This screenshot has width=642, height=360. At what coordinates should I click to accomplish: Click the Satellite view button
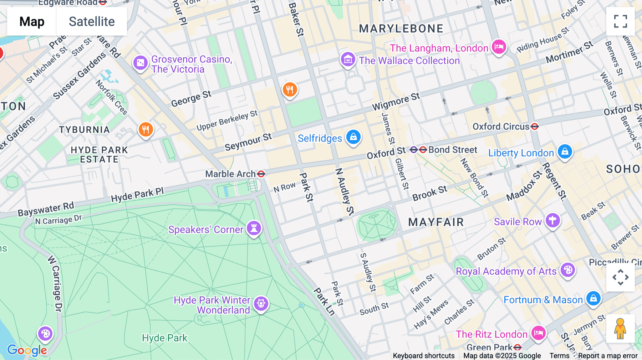tap(92, 21)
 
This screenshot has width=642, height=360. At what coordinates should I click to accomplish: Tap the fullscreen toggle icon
tap(620, 21)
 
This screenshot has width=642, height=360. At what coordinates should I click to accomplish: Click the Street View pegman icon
tap(620, 329)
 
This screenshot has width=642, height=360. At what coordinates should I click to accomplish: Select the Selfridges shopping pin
tap(353, 137)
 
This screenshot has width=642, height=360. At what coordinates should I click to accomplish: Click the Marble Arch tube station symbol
tap(261, 174)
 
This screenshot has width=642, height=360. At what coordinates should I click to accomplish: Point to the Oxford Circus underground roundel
tap(534, 127)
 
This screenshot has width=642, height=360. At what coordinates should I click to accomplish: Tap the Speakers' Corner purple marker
tap(254, 228)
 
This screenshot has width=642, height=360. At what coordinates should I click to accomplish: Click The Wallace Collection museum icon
tap(348, 59)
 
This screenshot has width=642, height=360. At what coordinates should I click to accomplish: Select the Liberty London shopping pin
tap(565, 152)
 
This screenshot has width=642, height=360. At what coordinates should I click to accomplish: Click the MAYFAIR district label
tap(436, 222)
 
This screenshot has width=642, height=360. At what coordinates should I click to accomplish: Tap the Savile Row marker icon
tap(552, 220)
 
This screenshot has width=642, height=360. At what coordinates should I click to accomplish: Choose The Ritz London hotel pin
tap(538, 333)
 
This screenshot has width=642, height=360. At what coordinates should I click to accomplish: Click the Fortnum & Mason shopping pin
tap(593, 298)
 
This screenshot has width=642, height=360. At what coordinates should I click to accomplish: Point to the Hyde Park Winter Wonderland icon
tap(261, 304)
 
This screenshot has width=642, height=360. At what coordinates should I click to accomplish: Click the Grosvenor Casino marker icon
tap(140, 63)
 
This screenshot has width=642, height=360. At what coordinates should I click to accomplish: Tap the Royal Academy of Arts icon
tap(568, 270)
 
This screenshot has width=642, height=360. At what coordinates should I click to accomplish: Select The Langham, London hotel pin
tap(499, 47)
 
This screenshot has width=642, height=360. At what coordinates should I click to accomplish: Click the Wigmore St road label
tap(396, 102)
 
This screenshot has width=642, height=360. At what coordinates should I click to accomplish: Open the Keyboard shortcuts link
tap(423, 356)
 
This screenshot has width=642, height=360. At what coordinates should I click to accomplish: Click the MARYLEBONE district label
tap(401, 29)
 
